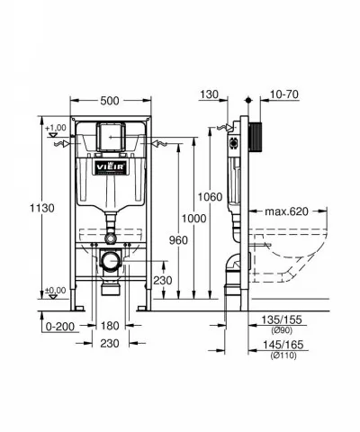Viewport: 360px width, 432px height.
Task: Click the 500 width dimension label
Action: click(x=110, y=101)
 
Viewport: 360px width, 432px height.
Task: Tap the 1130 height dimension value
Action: click(x=42, y=208)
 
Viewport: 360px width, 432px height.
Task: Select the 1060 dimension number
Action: click(x=210, y=197)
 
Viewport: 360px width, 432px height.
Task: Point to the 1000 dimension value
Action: click(x=194, y=219)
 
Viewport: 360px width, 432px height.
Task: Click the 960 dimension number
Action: click(x=178, y=240)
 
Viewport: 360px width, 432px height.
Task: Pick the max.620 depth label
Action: click(x=286, y=211)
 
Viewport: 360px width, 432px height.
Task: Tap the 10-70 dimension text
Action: click(x=284, y=94)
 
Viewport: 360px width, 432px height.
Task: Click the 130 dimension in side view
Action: click(x=209, y=94)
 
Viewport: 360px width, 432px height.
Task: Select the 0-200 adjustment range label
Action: click(x=60, y=327)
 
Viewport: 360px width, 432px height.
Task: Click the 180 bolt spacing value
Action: click(x=110, y=326)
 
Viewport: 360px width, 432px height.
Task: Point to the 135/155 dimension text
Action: click(x=282, y=319)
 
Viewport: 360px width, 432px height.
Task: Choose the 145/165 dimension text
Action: click(x=283, y=345)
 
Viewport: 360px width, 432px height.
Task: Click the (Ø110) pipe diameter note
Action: click(x=283, y=355)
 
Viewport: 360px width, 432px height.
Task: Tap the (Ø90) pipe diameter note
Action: click(x=282, y=331)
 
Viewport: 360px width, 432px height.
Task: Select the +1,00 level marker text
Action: click(x=56, y=128)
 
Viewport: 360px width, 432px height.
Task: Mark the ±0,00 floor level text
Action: click(x=56, y=291)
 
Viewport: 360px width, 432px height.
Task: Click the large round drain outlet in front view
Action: click(x=110, y=260)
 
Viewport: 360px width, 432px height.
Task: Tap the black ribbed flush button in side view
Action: click(x=256, y=137)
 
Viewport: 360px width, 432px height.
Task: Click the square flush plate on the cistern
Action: click(x=111, y=137)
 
